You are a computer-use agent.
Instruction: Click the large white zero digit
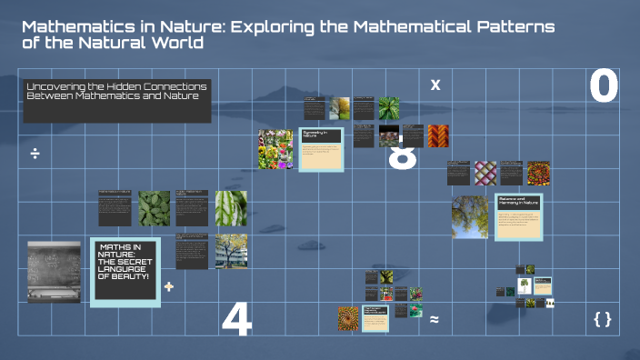coord(604,85)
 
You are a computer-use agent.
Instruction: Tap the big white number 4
coord(236,319)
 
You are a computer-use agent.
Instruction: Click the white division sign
coord(35,154)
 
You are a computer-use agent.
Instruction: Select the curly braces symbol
coord(602,318)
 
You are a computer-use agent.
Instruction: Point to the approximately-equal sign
coord(435,319)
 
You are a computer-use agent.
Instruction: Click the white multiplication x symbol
coord(435,85)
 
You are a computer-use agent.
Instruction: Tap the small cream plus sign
coord(168,286)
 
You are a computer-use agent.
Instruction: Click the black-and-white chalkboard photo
coord(55,271)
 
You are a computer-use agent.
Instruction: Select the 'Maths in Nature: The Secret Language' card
coord(126,272)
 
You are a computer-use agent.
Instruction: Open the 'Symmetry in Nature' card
coord(321,148)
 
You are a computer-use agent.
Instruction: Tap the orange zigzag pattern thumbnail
coord(438,135)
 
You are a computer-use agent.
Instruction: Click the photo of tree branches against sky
coord(470,217)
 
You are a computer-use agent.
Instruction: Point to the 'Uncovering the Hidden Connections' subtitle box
coord(117,100)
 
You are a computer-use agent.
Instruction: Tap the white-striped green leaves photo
coord(231,208)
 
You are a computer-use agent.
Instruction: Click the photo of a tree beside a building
coord(231,252)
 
